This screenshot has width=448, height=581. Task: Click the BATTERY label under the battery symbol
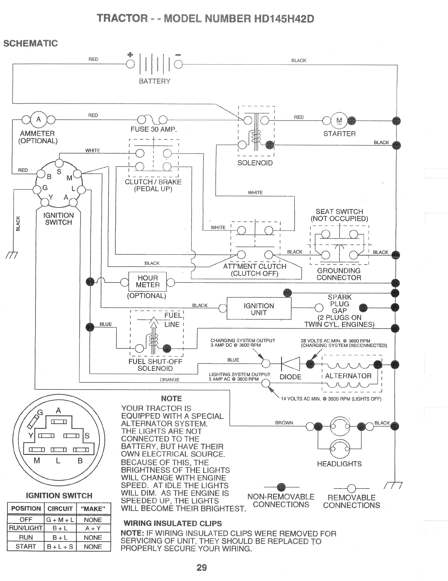click(154, 81)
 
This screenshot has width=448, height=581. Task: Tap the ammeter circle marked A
click(38, 120)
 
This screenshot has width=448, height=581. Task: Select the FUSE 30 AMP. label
click(154, 129)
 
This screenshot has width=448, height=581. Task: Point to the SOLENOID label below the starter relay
click(255, 163)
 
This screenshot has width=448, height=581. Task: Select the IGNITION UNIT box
click(259, 309)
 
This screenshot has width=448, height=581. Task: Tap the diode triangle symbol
click(291, 364)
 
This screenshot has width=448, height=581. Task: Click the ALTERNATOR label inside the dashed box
click(348, 376)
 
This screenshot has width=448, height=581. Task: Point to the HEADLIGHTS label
click(339, 464)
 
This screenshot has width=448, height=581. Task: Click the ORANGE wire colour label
click(170, 380)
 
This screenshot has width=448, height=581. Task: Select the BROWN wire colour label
click(284, 423)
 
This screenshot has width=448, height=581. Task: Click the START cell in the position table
click(26, 546)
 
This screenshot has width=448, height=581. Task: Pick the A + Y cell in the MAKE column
click(93, 528)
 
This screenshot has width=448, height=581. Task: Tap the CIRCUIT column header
click(60, 508)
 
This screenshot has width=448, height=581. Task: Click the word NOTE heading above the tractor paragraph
click(171, 398)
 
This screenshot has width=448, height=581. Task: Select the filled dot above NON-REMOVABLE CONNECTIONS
click(280, 486)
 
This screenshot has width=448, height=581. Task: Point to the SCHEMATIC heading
click(30, 43)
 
